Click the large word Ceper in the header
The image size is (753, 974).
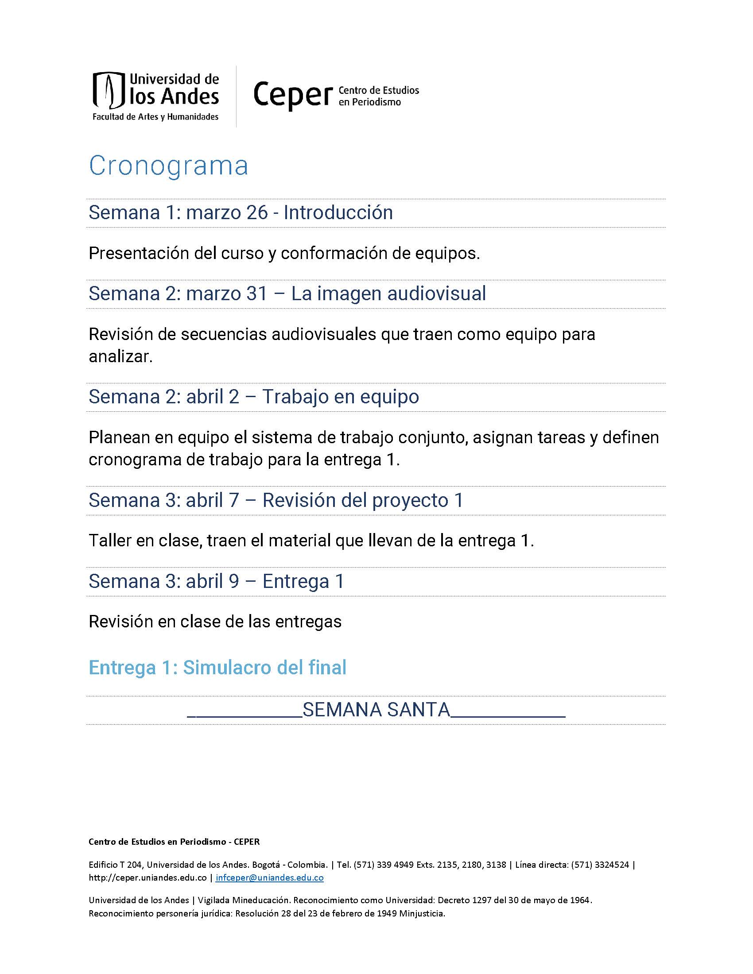pyautogui.click(x=293, y=95)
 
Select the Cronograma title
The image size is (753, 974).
pyautogui.click(x=168, y=166)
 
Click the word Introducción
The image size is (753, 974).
pyautogui.click(x=338, y=213)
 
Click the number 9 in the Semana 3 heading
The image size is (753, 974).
pyautogui.click(x=234, y=582)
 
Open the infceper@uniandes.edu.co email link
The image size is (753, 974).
pyautogui.click(x=269, y=877)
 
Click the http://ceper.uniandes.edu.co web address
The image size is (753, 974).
pyautogui.click(x=147, y=877)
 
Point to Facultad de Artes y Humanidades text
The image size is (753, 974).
pyautogui.click(x=155, y=117)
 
